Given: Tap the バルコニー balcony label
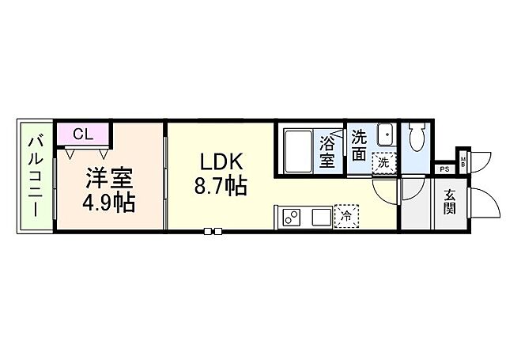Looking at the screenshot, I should point(36,176).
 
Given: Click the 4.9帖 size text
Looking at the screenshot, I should point(109,202).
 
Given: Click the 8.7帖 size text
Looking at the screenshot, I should point(221,188).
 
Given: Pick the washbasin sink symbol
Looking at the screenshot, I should point(385,134).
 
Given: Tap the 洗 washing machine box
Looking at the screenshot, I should point(383,162).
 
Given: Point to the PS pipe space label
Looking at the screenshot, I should point(444,169).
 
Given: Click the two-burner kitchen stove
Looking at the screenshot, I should point(289,215).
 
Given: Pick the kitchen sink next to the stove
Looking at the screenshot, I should point(320,215).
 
